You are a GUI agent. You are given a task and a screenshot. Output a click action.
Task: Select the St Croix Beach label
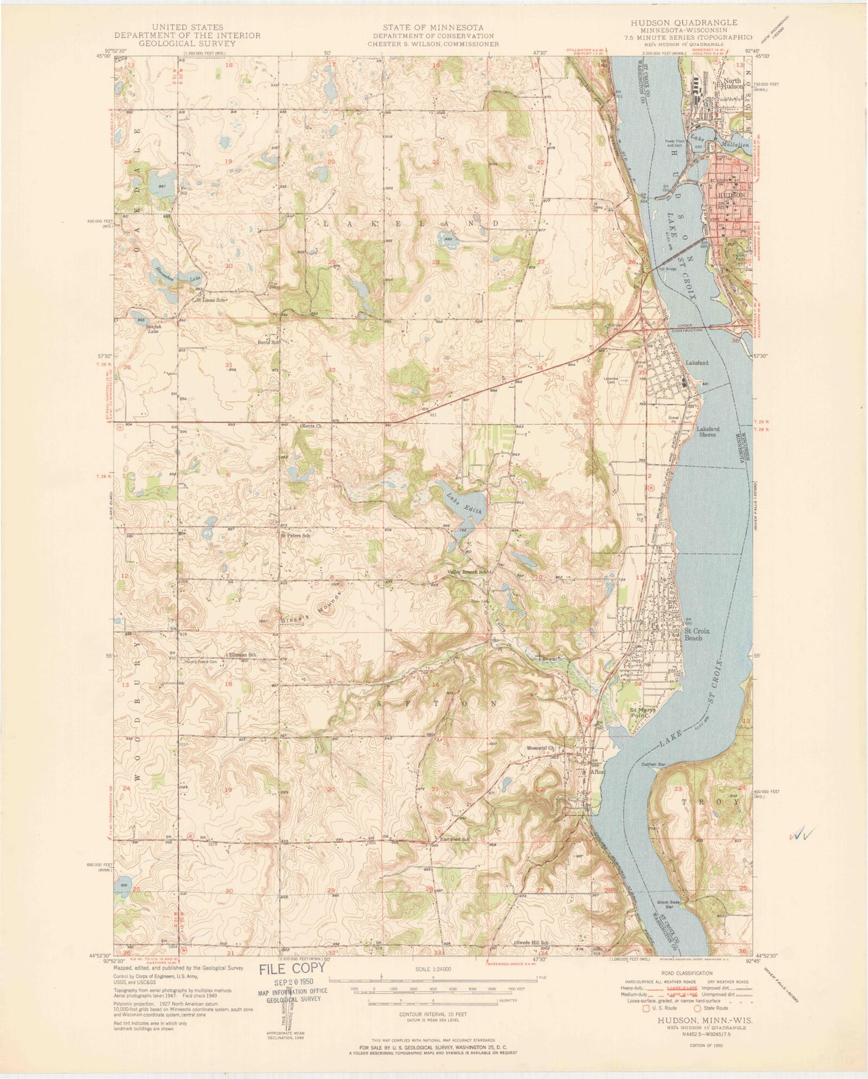click(701, 634)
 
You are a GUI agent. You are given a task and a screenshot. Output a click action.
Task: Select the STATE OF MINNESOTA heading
click(433, 27)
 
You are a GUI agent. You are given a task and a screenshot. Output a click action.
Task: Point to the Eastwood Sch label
click(454, 839)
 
